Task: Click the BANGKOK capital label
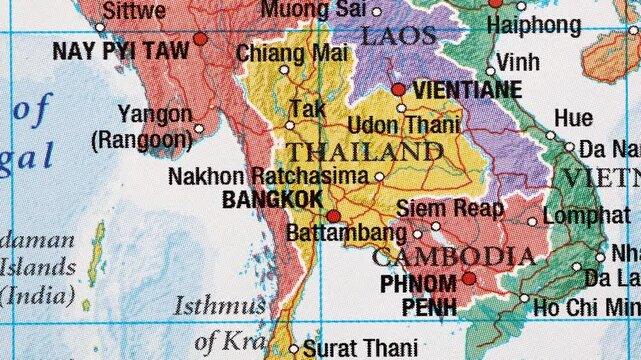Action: coord(272,200)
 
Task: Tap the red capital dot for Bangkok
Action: coord(333,215)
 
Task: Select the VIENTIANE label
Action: coord(467,90)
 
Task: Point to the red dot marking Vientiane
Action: coord(399,89)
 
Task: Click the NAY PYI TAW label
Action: coord(121,51)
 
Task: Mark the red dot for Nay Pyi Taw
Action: coord(200,39)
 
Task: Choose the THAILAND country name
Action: coord(364,153)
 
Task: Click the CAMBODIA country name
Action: coord(453,256)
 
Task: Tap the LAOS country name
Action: coord(398,38)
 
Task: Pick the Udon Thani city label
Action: coord(404,125)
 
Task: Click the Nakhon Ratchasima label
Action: coord(269,177)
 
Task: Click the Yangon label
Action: coord(155,114)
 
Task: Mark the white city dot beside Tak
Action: coord(290,125)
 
